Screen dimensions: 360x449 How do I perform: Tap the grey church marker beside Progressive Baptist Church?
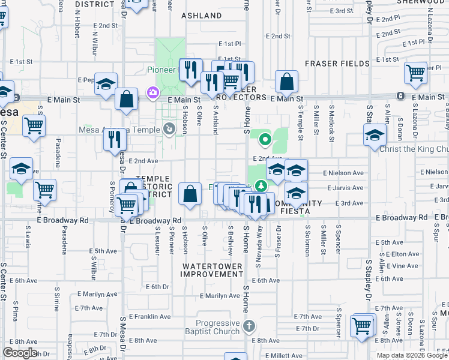[x=250, y=326]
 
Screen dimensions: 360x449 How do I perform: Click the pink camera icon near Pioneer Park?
[x=152, y=92]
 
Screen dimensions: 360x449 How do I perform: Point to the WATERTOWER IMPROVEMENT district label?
[x=212, y=270]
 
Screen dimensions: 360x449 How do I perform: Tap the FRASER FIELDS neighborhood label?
[x=337, y=64]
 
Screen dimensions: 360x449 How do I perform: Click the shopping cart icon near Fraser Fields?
[x=415, y=73]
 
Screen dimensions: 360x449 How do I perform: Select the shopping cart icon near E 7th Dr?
[x=362, y=326]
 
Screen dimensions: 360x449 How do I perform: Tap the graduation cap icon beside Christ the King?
[x=375, y=134]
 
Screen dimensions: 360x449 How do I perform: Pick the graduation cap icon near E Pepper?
[x=106, y=83]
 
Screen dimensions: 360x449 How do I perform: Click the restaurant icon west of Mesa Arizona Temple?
[x=114, y=139]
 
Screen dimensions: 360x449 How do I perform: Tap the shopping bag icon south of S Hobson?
[x=190, y=194]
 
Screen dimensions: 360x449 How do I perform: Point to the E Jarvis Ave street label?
[x=343, y=188]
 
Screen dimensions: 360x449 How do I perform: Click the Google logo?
[x=20, y=353]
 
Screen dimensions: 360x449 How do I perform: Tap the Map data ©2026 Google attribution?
[x=412, y=355]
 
